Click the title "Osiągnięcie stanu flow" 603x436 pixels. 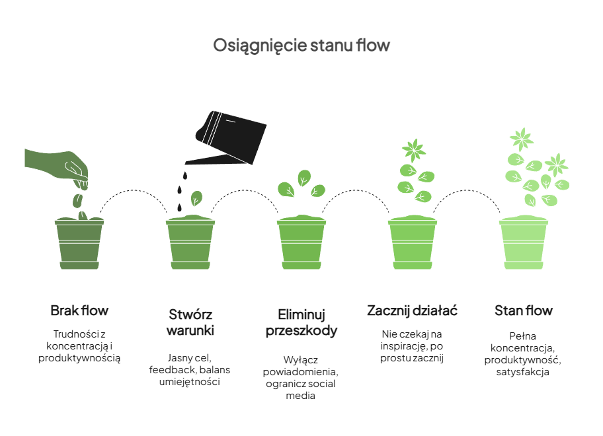(x=301, y=46)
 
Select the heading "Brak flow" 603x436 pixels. (x=79, y=310)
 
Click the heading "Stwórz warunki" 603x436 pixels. (x=190, y=322)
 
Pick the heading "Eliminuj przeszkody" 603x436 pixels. (x=301, y=322)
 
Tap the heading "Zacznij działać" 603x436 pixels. (x=413, y=310)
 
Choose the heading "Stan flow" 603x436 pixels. (x=524, y=310)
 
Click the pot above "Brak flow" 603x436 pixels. (x=79, y=242)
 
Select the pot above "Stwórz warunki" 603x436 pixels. (x=190, y=242)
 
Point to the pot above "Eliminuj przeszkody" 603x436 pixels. (x=301, y=242)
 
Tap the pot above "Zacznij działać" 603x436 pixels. (x=413, y=242)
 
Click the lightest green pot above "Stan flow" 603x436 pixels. (x=524, y=242)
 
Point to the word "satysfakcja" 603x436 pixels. (x=524, y=372)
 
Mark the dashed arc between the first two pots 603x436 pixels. (x=135, y=192)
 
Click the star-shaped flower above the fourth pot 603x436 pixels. (x=415, y=149)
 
